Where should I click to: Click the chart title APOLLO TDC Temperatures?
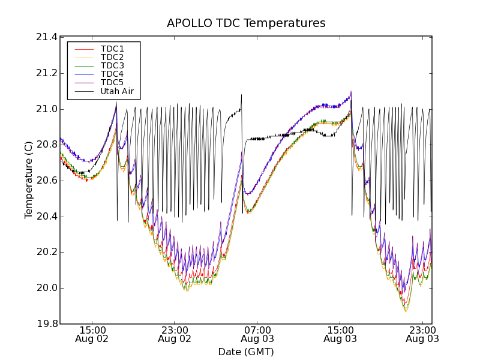[x=246, y=23]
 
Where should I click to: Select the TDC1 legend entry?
[x=112, y=49]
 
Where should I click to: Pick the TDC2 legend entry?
[x=112, y=57]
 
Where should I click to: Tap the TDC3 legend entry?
[x=112, y=65]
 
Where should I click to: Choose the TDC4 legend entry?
[x=112, y=74]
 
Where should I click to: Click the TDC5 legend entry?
[x=112, y=82]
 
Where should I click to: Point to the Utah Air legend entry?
[x=117, y=92]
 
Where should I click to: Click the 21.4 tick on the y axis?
[x=46, y=37]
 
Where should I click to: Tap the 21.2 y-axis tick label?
[x=46, y=73]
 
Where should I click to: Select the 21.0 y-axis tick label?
[x=46, y=109]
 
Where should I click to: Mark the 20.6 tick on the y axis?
[x=46, y=181]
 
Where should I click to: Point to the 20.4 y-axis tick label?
[x=46, y=217]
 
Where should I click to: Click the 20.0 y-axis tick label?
[x=46, y=288]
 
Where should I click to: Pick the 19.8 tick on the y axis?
[x=46, y=324]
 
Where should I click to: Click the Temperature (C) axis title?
[x=29, y=180]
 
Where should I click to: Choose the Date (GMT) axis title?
[x=246, y=352]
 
